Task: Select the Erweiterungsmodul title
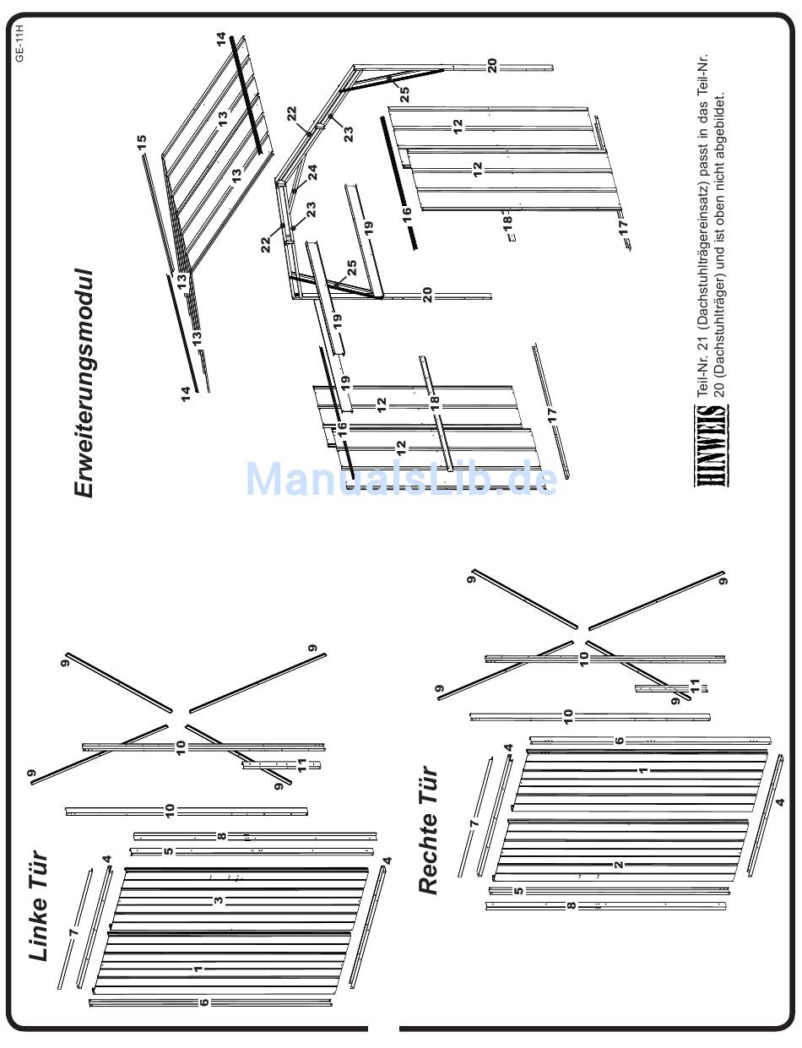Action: point(84,385)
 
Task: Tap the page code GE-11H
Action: point(19,42)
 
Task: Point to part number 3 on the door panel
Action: point(219,901)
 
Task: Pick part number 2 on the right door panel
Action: point(619,864)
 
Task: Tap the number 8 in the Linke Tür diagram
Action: point(222,836)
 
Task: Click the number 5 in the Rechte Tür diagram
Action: point(518,890)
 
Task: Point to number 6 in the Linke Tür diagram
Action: point(203,1002)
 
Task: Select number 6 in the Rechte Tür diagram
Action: point(620,741)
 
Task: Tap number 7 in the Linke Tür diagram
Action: point(73,931)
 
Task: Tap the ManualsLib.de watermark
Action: point(401,480)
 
